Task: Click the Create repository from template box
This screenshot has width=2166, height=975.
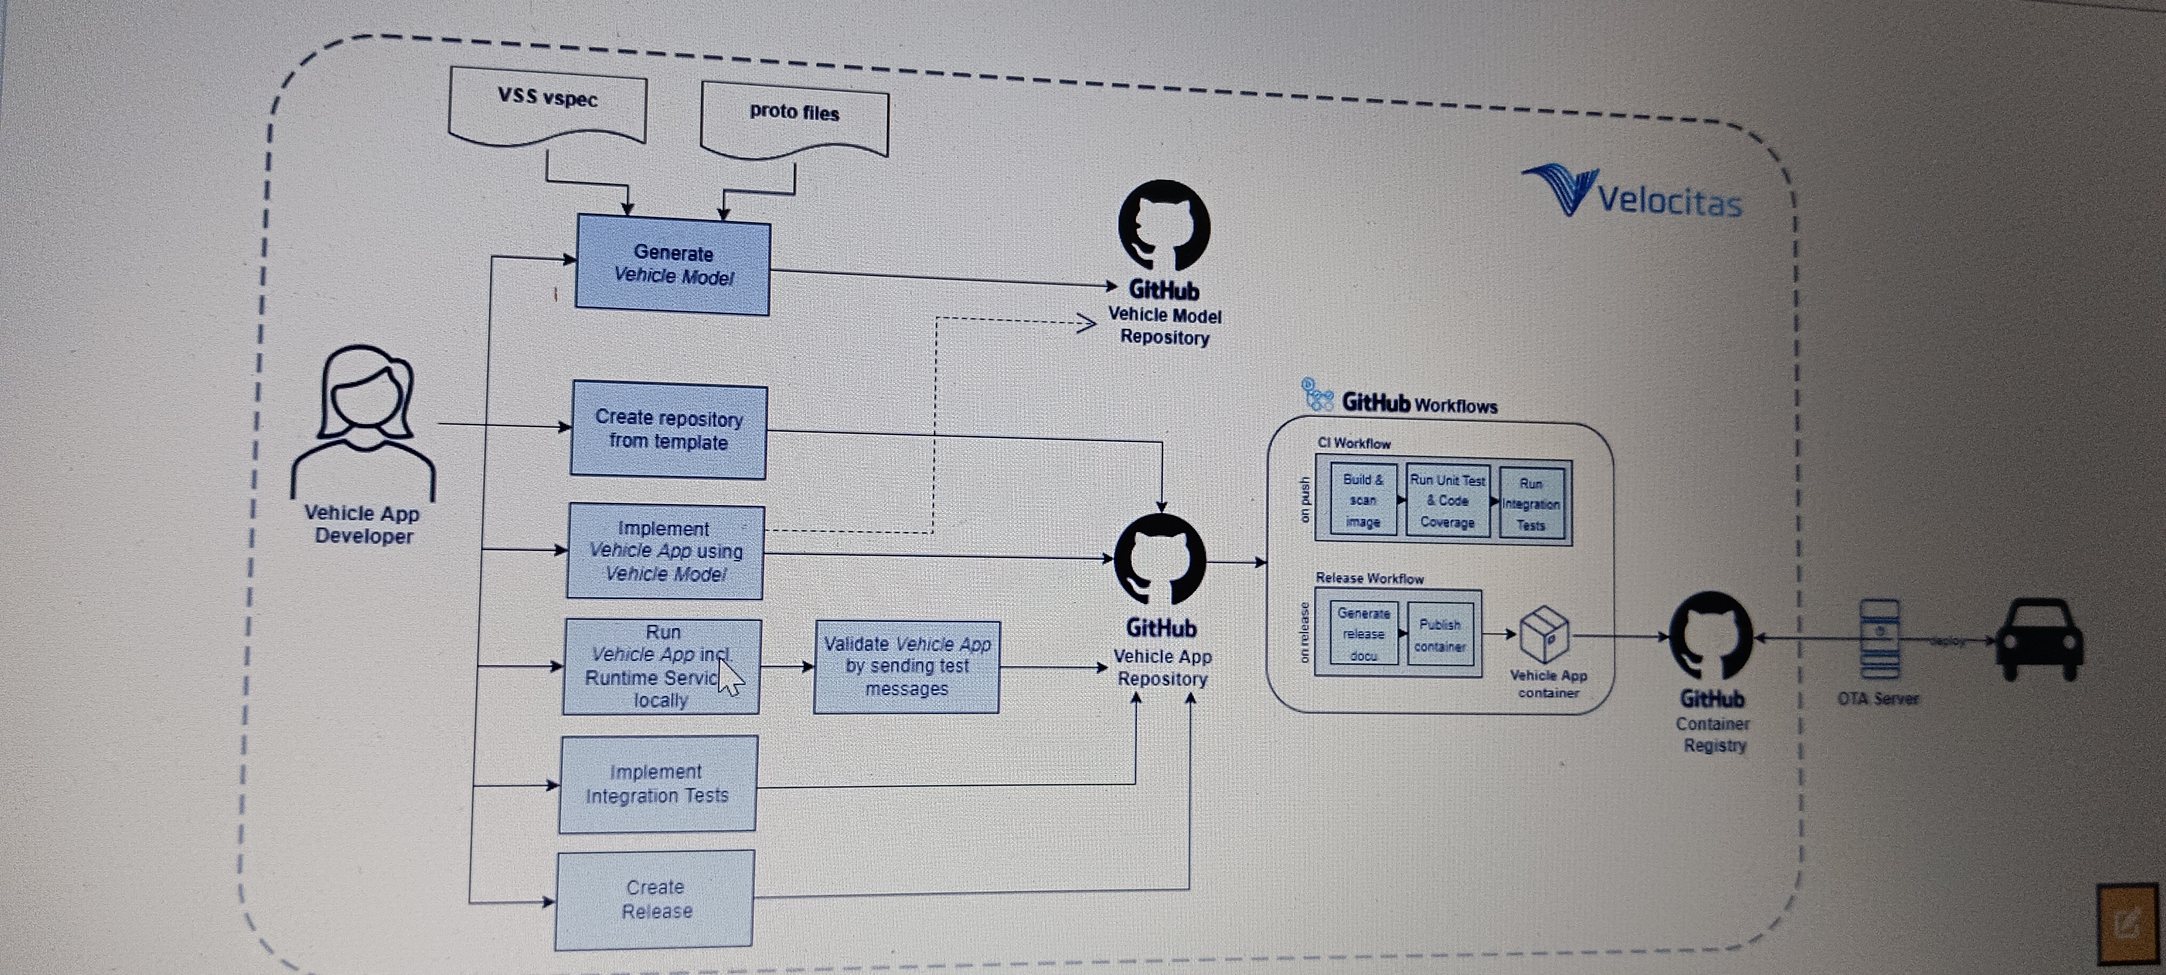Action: [668, 430]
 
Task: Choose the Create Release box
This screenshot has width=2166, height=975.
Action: [655, 899]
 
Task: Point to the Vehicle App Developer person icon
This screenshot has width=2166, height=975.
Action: [364, 421]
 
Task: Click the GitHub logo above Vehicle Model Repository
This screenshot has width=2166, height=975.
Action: [1164, 226]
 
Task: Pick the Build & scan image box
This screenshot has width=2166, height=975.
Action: [1363, 501]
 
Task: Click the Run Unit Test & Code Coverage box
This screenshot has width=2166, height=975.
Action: [1447, 501]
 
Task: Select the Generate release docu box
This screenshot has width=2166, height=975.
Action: [1363, 634]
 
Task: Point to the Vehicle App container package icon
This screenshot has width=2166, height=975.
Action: [1545, 634]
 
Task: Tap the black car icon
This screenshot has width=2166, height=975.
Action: [2041, 639]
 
